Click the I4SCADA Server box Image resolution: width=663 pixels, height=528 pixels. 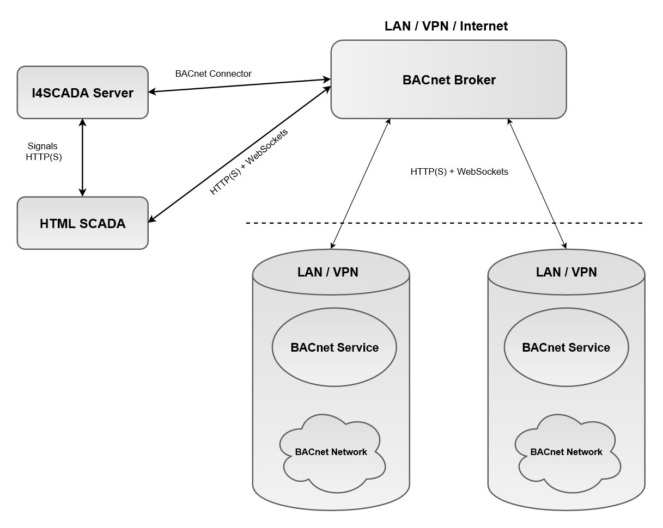coord(82,93)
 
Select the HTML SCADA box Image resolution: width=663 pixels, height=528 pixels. coord(82,223)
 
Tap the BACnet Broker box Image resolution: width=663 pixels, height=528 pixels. coord(449,80)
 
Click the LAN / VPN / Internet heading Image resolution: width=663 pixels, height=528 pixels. coord(446,26)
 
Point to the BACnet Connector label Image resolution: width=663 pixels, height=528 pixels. coord(213,73)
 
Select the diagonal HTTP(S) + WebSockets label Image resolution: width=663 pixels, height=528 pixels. coord(249,162)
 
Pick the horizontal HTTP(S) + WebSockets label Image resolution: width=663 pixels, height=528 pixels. coord(459,171)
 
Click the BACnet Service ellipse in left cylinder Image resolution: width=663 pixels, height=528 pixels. coord(334,347)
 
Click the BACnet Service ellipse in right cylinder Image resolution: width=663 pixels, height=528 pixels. coord(565,347)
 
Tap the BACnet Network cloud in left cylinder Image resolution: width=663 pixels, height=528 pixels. coord(331,451)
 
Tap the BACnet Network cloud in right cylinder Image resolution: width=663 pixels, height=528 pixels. coord(566,451)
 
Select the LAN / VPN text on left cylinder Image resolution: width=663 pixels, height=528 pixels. coord(327,272)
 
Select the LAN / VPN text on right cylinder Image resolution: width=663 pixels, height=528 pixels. coord(566,272)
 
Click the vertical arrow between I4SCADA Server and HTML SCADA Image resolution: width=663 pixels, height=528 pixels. coord(82,157)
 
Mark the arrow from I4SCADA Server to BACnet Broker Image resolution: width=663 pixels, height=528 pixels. coord(240,86)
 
